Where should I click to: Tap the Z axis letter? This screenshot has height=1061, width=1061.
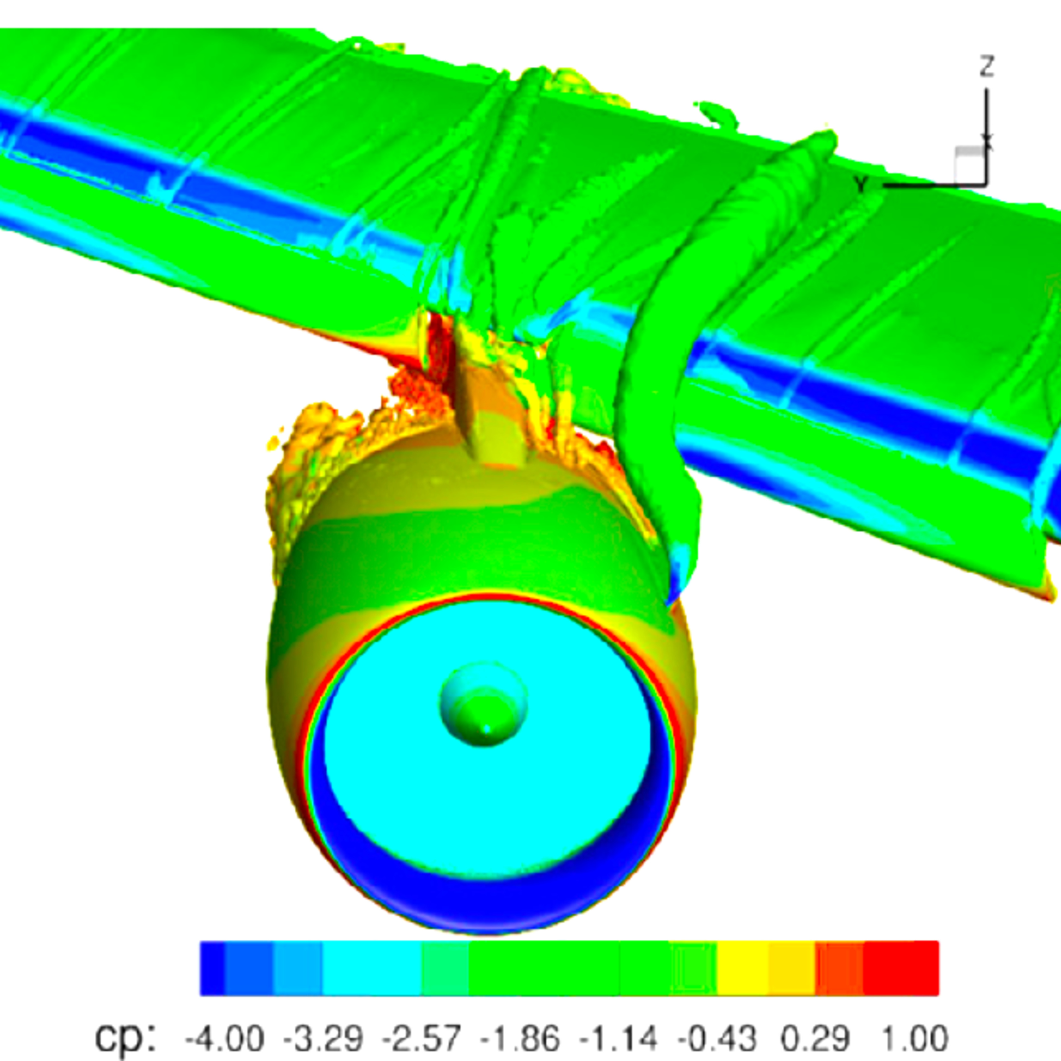tap(987, 66)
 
